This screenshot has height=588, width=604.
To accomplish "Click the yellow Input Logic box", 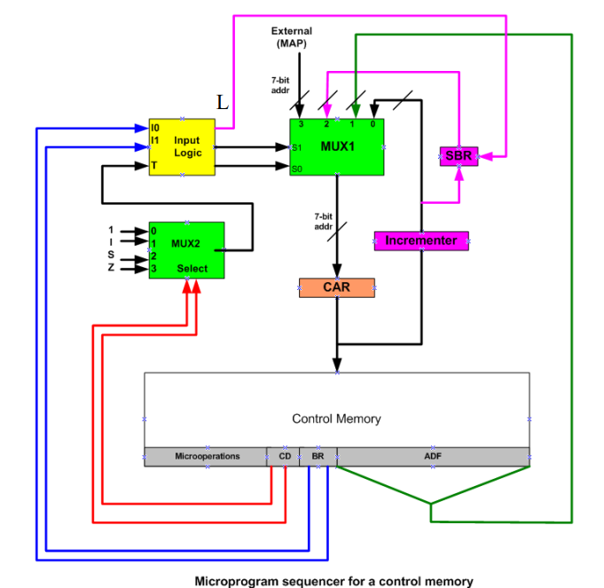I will [x=182, y=146].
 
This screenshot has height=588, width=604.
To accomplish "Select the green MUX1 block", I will [x=337, y=146].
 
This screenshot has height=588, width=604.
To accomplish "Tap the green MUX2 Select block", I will [x=186, y=249].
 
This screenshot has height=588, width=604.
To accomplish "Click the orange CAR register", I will [x=336, y=287].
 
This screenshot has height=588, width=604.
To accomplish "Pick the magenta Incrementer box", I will [x=420, y=240].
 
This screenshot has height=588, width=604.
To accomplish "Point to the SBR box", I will [x=459, y=156].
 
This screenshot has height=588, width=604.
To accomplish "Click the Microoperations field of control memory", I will [x=207, y=457].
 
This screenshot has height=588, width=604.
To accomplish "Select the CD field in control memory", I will [x=284, y=457].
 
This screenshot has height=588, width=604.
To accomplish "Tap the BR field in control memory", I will [x=318, y=457].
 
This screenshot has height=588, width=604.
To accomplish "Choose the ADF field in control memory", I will [x=433, y=457].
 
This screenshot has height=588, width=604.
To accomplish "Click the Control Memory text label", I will [x=336, y=419].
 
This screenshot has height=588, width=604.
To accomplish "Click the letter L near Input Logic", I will [x=223, y=104].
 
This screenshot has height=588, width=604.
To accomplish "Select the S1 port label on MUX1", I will [x=297, y=147].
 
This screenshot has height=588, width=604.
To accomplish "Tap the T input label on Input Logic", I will [x=153, y=166].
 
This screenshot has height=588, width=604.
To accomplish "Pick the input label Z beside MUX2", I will [x=111, y=267].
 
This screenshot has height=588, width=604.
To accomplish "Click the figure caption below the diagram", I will [x=333, y=581].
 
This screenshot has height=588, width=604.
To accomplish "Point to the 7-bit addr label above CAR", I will [x=324, y=221].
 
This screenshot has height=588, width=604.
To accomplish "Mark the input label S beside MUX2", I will [x=111, y=255].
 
